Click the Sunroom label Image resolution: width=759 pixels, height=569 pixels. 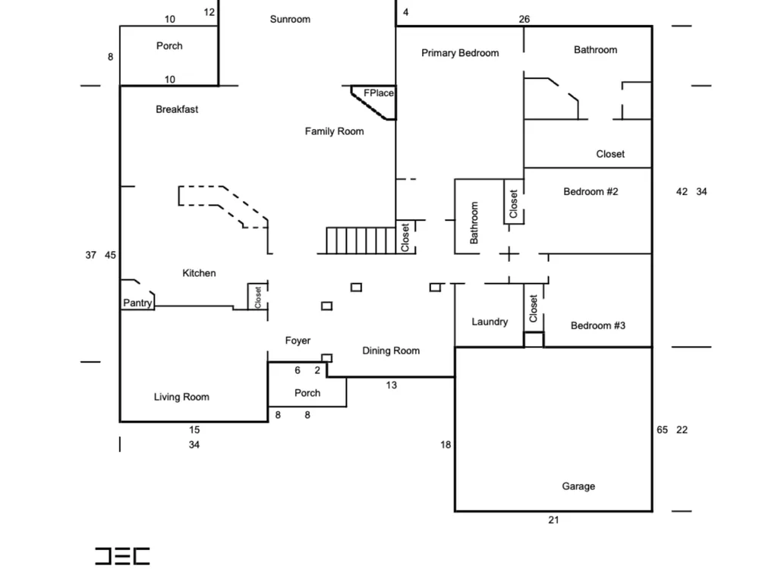290,20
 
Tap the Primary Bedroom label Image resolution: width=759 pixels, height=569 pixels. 460,53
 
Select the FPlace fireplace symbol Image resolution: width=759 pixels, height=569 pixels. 373,102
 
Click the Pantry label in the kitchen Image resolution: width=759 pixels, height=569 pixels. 137,303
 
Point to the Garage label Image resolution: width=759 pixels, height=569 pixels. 578,486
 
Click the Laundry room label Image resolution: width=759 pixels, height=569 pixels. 490,322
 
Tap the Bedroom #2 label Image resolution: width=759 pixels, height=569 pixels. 591,192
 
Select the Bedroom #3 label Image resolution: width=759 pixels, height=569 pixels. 598,325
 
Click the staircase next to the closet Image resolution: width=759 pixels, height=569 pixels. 361,240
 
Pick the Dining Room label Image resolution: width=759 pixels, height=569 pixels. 391,351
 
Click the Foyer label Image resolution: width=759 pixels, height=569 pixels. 298,341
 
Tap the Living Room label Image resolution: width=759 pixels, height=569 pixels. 181,398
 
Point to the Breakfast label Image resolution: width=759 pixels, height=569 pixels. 177,109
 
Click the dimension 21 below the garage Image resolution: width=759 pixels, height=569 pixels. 554,520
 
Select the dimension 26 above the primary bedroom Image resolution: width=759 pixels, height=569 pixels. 524,20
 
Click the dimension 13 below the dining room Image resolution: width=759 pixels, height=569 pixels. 391,385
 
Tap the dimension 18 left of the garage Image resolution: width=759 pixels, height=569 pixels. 446,445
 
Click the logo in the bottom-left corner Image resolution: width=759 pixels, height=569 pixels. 122,556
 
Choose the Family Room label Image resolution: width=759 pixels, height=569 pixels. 335,131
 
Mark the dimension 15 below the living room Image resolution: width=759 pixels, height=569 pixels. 194,429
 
